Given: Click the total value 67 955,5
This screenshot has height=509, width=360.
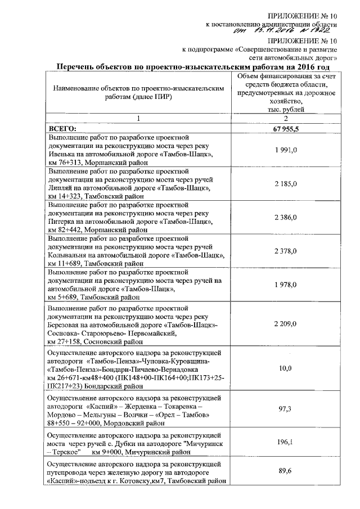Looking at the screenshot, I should coord(286,129).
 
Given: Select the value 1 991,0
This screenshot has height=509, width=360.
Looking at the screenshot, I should coord(286,150).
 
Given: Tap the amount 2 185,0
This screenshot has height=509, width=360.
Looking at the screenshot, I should coord(286,184).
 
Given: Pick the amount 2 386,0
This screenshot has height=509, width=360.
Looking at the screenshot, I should coord(286,217).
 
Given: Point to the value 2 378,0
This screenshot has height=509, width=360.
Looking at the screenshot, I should coord(286,250).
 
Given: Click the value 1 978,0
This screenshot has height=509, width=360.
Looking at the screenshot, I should coord(286,285).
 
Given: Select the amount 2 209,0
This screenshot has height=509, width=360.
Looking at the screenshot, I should coord(286,325).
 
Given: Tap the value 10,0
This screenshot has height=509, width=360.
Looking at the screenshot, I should coord(286,368).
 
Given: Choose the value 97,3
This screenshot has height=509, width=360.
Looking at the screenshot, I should coord(286,410).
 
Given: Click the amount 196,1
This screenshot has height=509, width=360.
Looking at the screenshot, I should coord(286,442).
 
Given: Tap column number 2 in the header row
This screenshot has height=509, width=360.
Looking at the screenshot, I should coord(285,119).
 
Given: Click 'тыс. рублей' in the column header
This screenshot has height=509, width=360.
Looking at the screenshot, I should coord(285,109).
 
